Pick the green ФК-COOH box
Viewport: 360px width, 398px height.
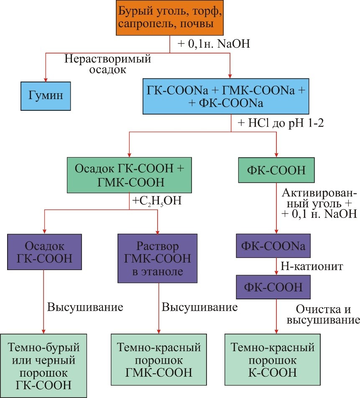coord(276,171)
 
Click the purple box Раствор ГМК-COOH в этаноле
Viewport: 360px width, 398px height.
coord(157,259)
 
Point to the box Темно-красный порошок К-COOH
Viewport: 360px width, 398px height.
coord(273,360)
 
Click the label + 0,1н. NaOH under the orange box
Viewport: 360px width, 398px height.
coord(214,44)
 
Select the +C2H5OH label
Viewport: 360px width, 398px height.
coord(157,201)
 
